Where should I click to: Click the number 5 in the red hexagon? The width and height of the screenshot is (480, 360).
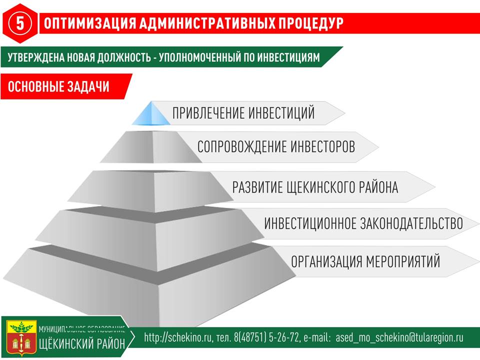(20, 23)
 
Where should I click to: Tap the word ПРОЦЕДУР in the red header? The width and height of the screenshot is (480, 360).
(310, 23)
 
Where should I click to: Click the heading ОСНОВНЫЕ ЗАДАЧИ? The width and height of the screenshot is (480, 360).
(58, 86)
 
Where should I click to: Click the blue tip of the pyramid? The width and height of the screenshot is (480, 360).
(151, 113)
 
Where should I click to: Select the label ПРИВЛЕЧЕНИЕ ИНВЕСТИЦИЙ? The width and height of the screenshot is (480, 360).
(243, 113)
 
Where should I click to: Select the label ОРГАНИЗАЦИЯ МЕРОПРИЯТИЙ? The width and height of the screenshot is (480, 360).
(365, 261)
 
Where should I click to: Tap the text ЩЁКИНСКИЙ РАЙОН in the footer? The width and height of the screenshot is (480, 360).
(82, 344)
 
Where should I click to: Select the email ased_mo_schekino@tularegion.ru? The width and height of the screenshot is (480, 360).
(399, 337)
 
